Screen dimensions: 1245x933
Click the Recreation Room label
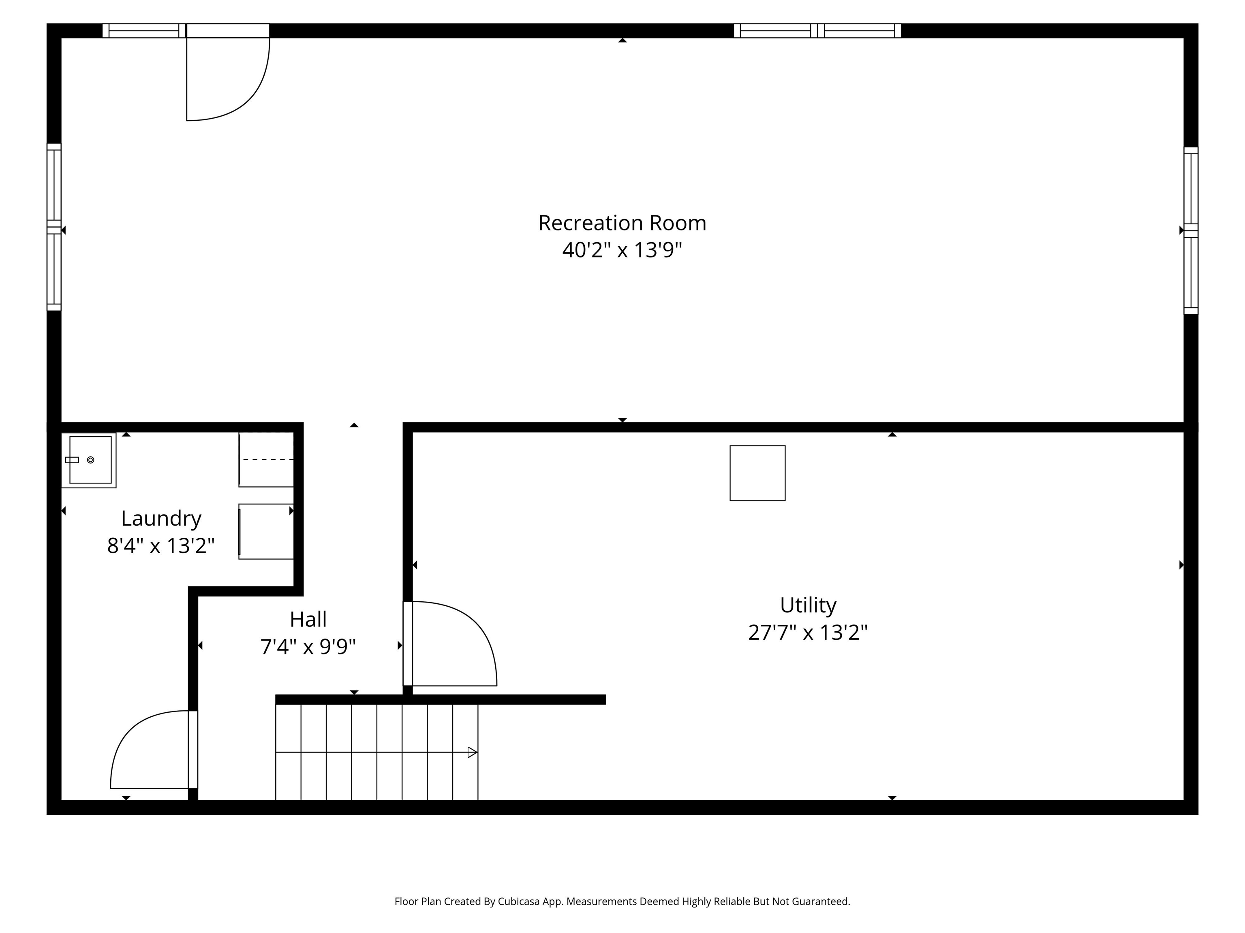622,223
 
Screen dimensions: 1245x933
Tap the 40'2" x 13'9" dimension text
622,250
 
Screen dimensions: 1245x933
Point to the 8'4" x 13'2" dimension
161,545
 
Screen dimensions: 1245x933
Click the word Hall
308,619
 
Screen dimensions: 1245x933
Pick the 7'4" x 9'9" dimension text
308,647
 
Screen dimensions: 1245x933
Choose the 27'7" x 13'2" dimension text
808,633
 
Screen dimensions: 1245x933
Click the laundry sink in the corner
89,460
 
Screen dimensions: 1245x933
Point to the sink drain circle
91,460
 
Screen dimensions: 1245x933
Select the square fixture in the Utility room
757,473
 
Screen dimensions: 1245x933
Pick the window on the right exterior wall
1191,230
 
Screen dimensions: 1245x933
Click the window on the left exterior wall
53,227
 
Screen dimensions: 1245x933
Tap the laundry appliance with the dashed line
266,460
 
